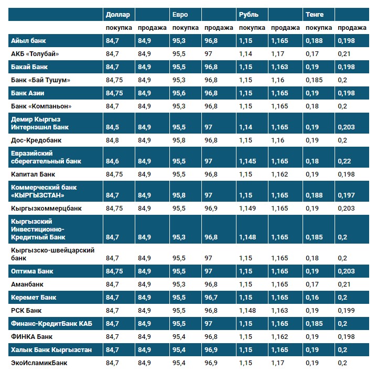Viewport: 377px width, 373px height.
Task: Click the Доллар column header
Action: point(118,14)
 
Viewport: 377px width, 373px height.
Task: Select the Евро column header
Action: point(179,14)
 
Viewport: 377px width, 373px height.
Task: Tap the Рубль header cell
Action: point(249,14)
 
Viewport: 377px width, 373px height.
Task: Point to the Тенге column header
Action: point(314,14)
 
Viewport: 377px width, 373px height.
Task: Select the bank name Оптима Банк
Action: point(32,271)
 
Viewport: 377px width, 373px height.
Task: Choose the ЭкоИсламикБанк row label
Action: point(39,363)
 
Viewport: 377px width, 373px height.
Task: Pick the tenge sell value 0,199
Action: point(346,311)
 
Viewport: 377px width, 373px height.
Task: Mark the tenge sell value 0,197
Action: point(346,195)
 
